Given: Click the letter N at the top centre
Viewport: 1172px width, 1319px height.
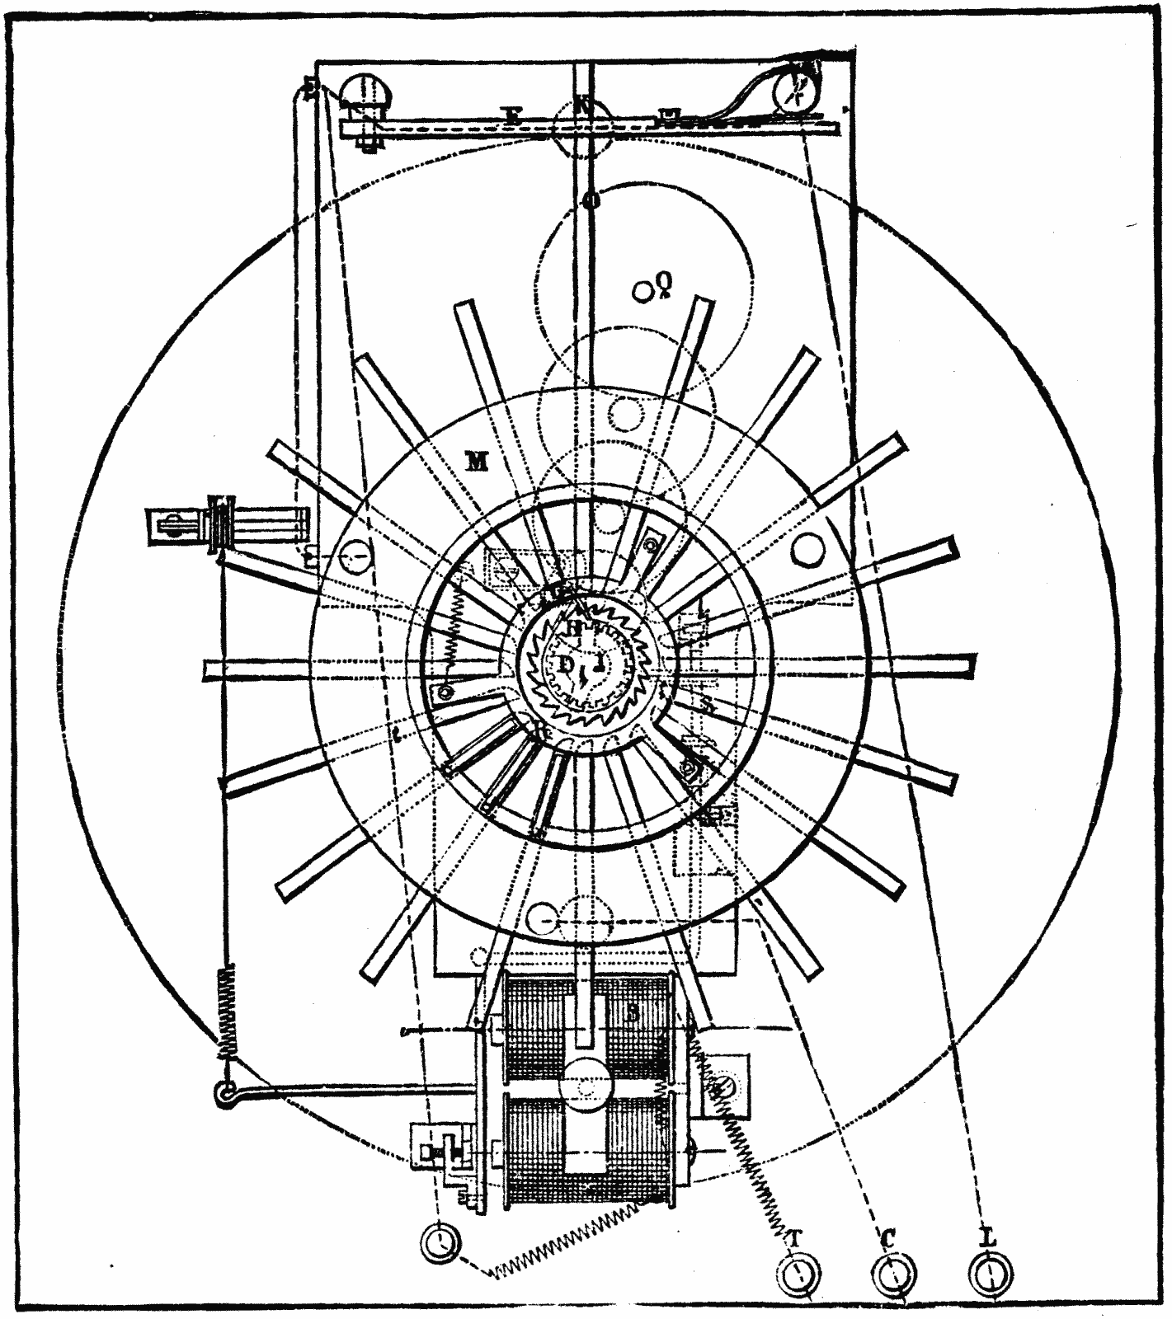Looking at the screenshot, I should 583,108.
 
